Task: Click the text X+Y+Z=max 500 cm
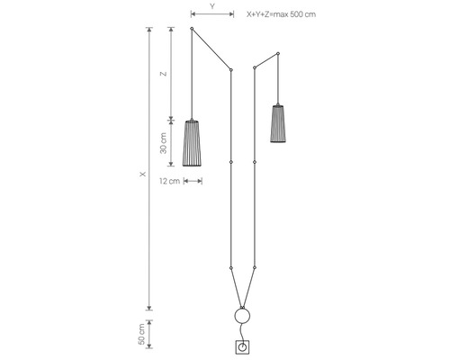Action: (x=281, y=14)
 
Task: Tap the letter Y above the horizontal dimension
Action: (x=212, y=6)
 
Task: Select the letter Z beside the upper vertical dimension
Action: (x=164, y=74)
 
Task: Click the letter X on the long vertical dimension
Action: (x=143, y=174)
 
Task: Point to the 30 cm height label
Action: (x=164, y=143)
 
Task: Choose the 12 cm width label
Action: (x=169, y=181)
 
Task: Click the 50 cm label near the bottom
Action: (x=141, y=334)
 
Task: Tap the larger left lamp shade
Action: (x=192, y=143)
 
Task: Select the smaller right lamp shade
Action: (x=278, y=123)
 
